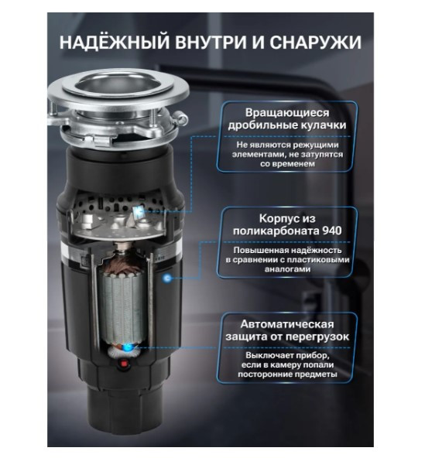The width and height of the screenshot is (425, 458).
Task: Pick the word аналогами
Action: tap(287, 270)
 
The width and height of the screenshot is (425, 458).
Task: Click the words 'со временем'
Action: tap(287, 166)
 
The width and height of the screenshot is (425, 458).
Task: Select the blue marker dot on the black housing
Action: tap(167, 278)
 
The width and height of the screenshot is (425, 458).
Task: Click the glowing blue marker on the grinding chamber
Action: tap(140, 210)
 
